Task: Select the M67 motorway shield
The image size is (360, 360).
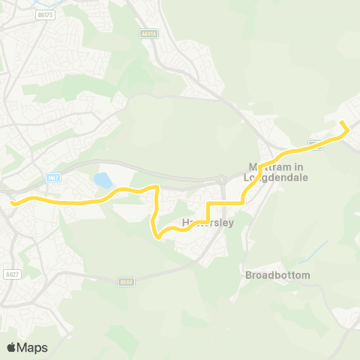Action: (52, 177)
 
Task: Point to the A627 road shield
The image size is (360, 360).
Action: (10, 274)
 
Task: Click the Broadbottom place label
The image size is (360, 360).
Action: (277, 275)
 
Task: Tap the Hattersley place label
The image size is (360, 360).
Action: (208, 223)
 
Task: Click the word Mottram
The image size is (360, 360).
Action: (268, 167)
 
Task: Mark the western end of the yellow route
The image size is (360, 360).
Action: (12, 202)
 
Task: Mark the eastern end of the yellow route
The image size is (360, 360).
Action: (342, 122)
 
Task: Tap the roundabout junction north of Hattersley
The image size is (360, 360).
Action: (222, 180)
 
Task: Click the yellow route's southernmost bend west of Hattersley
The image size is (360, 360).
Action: (159, 238)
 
